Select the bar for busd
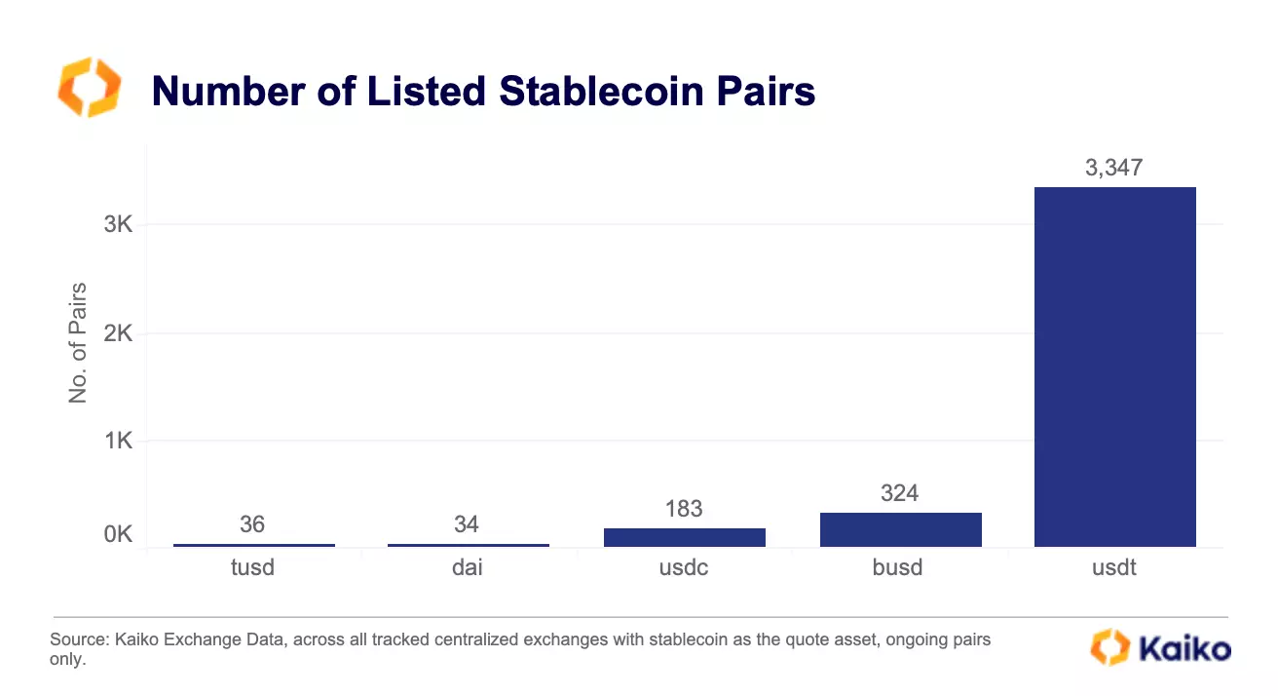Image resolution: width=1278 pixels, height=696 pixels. [x=900, y=529]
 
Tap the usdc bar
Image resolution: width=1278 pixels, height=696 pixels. [x=684, y=537]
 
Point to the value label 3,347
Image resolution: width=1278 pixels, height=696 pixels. [x=1113, y=168]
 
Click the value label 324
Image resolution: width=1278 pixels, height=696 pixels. [x=899, y=493]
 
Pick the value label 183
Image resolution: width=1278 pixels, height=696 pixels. [x=684, y=509]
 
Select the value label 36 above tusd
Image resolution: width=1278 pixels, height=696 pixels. [x=252, y=524]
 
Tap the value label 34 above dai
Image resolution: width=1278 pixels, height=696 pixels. [x=467, y=524]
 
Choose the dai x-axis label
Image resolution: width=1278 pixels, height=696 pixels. [x=467, y=567]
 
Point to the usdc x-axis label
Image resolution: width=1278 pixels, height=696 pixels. [x=683, y=567]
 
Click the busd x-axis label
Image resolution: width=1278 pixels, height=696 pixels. [x=898, y=567]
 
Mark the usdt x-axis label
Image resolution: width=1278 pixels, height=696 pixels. [x=1114, y=567]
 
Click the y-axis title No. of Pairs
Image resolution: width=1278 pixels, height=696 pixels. [x=78, y=343]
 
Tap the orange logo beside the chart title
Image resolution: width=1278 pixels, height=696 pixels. [x=90, y=88]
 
